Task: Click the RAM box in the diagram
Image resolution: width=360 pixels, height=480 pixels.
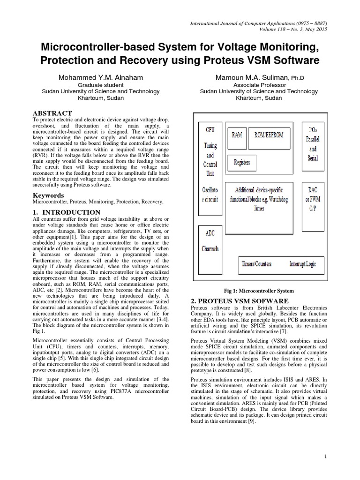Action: click(x=237, y=135)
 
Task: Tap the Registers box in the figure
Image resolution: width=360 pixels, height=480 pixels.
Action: click(x=241, y=162)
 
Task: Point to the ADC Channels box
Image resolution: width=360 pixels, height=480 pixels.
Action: click(x=210, y=240)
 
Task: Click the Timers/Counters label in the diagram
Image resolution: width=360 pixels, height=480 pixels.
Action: click(x=256, y=264)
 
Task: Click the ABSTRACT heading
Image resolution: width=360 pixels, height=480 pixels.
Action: click(x=52, y=113)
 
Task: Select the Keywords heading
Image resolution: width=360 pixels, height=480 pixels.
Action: click(x=48, y=195)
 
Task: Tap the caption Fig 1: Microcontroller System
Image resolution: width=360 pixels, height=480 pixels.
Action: click(x=259, y=290)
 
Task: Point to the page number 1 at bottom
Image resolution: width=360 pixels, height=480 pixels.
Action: click(x=325, y=456)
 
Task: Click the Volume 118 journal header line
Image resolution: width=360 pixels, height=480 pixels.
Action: click(x=294, y=29)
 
